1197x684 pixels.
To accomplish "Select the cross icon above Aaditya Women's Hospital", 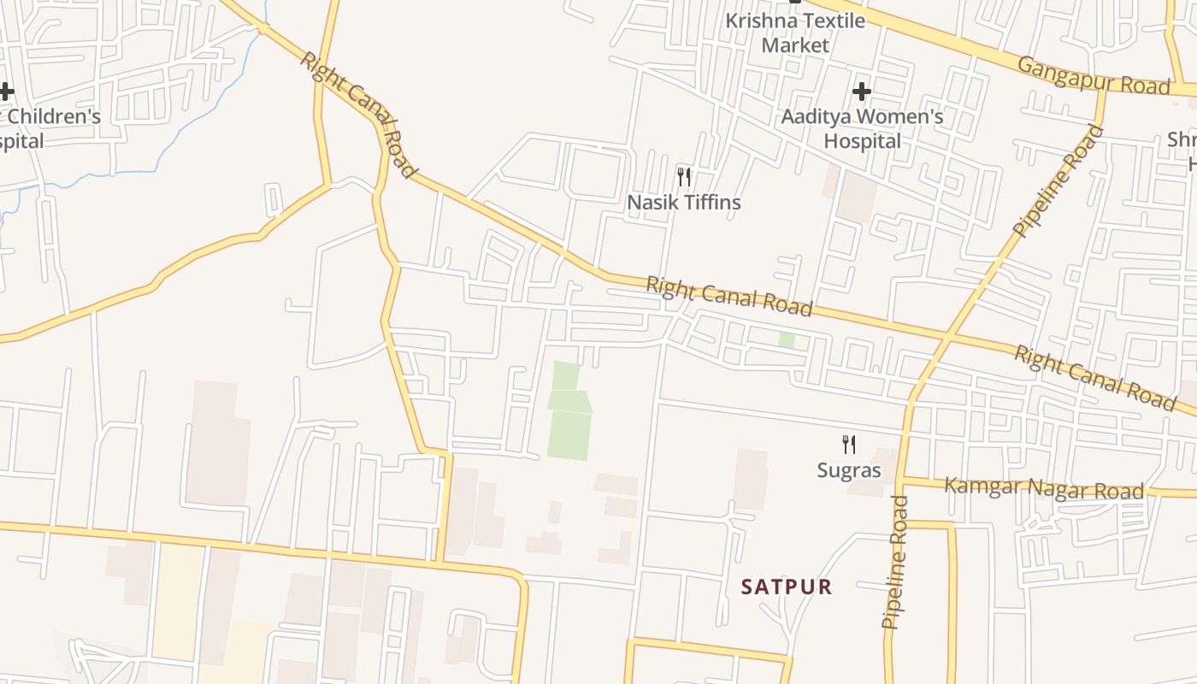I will click(862, 91).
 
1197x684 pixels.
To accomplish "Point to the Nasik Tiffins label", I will click(683, 203).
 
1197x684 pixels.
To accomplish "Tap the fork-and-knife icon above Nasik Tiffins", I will click(683, 177).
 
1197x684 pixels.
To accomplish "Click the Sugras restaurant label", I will click(848, 469).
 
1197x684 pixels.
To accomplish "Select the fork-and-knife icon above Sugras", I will click(848, 444).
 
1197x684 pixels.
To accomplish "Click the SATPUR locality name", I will click(787, 587).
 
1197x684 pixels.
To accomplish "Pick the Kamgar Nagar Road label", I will click(1043, 489).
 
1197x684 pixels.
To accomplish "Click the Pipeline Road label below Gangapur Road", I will click(1058, 180).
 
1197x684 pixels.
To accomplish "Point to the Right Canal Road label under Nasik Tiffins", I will click(728, 295).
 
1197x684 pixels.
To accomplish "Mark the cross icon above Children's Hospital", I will click(6, 91).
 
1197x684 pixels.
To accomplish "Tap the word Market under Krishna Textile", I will click(795, 44).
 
